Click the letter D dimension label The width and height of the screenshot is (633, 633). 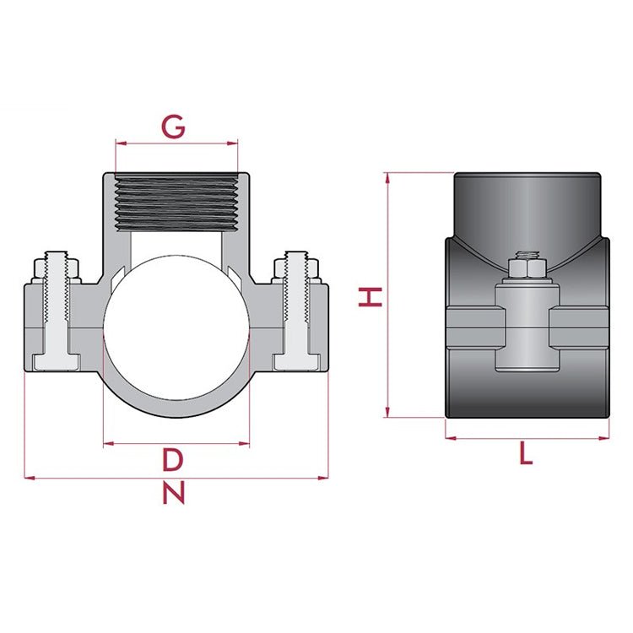pyautogui.click(x=173, y=461)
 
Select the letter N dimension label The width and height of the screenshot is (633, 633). pyautogui.click(x=174, y=493)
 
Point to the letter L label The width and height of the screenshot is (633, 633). pyautogui.click(x=526, y=455)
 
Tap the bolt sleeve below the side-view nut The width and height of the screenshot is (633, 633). pyautogui.click(x=527, y=329)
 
